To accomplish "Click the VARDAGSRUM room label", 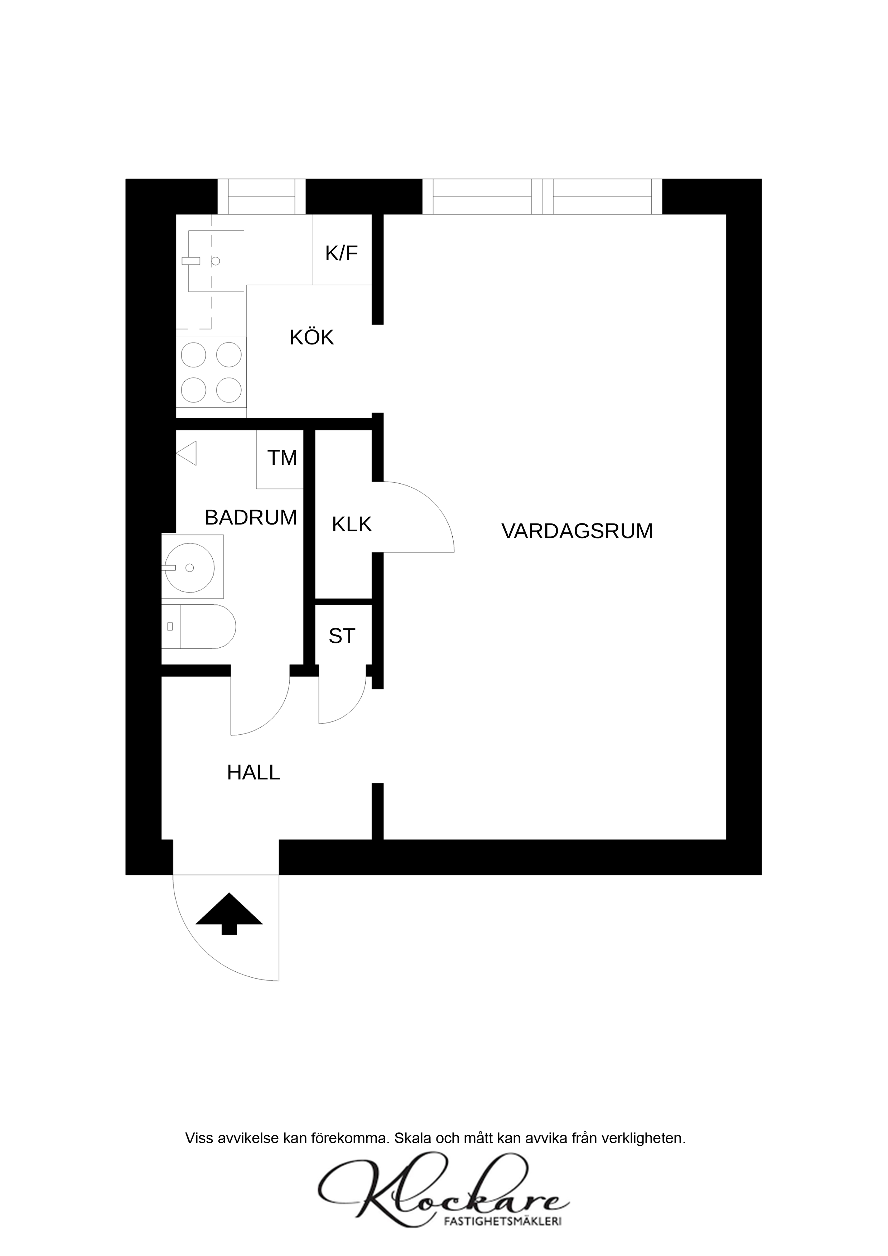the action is pos(577,531).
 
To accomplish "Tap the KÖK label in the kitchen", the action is pos(312,338).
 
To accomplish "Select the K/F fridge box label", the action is pos(341,253).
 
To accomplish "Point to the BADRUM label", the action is pos(251,517).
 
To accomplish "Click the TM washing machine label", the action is pos(282,457).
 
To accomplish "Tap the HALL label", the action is pos(253,772).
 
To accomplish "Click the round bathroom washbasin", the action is pos(189,568).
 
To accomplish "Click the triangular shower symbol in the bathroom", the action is pos(187,454).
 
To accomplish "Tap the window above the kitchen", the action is pos(261,197).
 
